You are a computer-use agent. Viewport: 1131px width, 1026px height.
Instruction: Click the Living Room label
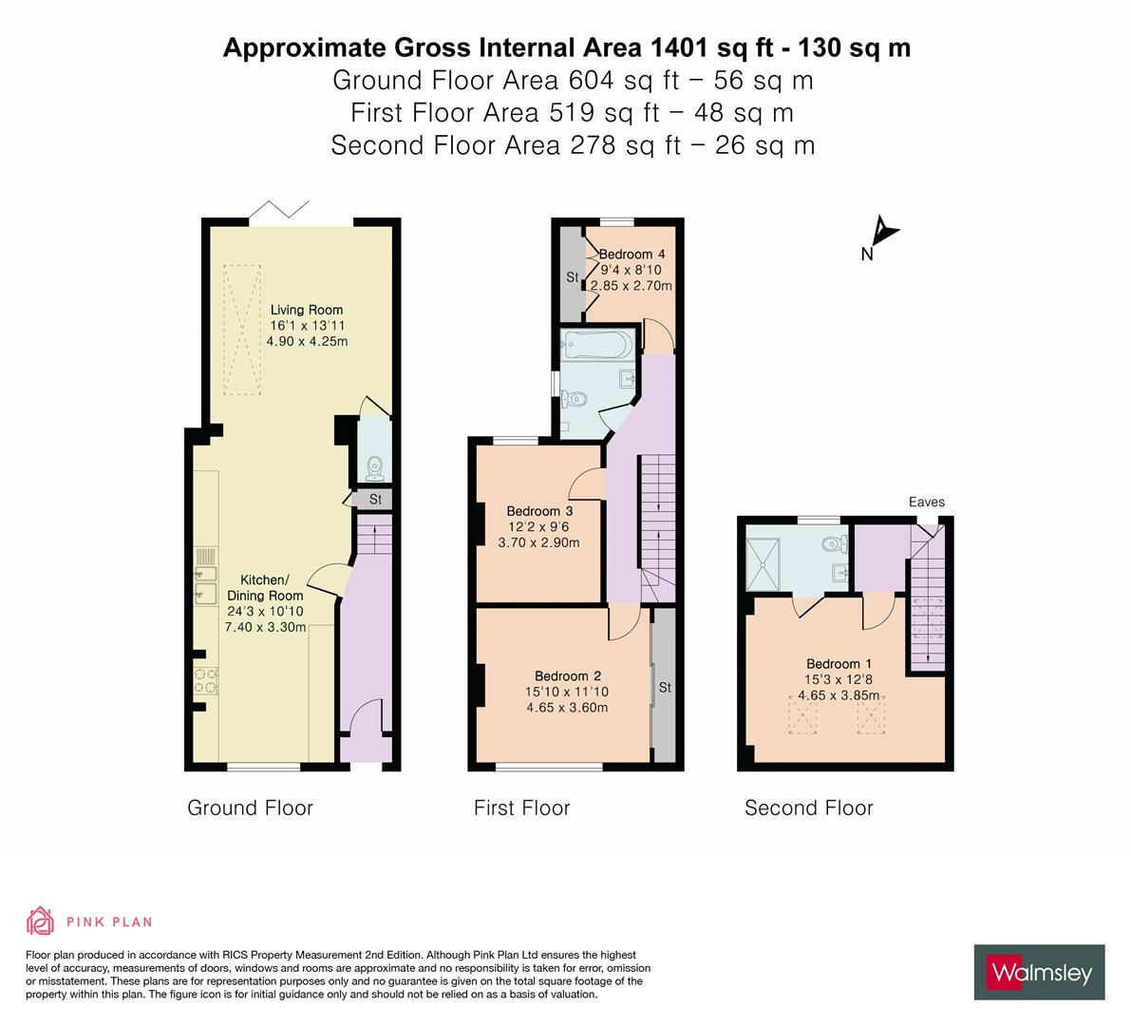coord(306,310)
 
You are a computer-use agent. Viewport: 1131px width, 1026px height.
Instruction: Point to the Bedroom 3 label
coord(538,511)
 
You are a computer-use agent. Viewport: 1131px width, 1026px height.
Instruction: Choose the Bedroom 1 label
coord(839,664)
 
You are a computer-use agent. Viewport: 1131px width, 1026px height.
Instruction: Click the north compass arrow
coord(884,233)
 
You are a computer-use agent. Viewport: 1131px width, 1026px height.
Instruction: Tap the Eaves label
coord(926,503)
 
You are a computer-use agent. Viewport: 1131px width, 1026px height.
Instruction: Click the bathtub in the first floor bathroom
coord(595,344)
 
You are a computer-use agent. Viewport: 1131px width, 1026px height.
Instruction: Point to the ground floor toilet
coord(374,467)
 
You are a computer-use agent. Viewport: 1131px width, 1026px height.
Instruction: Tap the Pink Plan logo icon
coord(41,921)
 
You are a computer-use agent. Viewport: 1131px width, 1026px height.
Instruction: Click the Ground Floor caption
coord(250,808)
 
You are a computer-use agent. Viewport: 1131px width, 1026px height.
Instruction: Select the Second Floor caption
coord(808,808)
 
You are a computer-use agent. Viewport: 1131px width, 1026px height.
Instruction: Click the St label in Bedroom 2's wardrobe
coord(665,687)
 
